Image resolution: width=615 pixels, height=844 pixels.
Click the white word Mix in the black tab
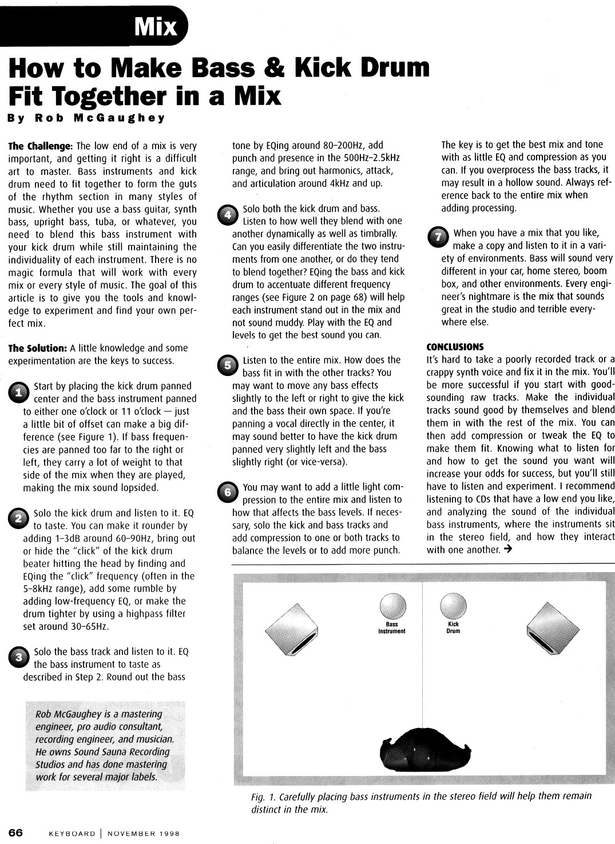point(156,26)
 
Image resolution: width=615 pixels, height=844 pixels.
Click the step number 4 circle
point(227,214)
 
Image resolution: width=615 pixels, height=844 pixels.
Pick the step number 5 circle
point(227,365)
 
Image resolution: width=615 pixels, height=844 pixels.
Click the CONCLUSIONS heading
point(455,347)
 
